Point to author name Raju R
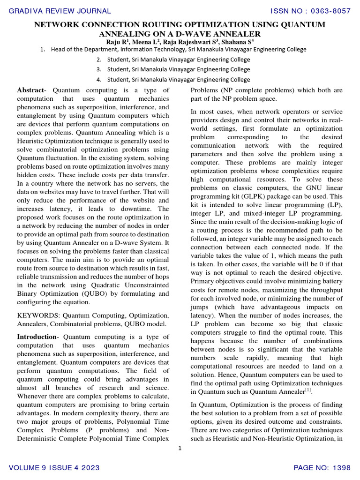[x=117, y=42]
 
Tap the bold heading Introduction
[x=37, y=337]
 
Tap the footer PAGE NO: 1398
[x=322, y=468]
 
